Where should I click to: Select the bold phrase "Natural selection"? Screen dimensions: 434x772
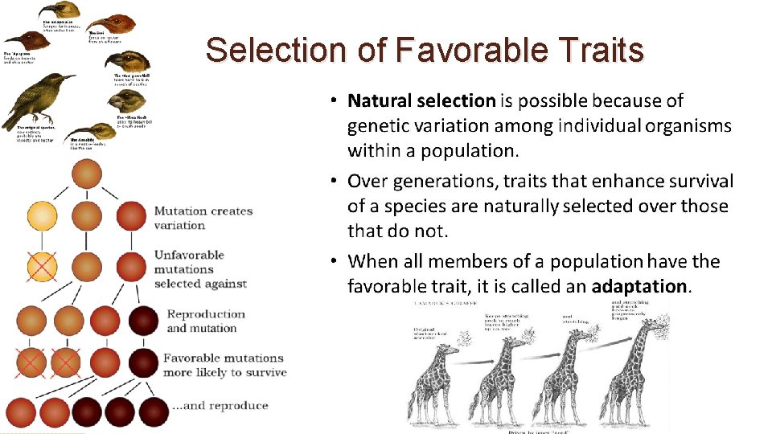tap(421, 100)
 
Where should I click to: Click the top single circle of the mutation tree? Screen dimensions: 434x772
tap(87, 174)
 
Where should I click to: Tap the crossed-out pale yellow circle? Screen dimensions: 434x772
tap(42, 266)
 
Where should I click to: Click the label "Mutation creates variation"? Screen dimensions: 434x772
tap(203, 218)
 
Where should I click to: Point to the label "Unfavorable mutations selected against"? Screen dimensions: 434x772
tap(200, 269)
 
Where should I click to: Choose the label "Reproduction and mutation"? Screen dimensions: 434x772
tap(205, 321)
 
